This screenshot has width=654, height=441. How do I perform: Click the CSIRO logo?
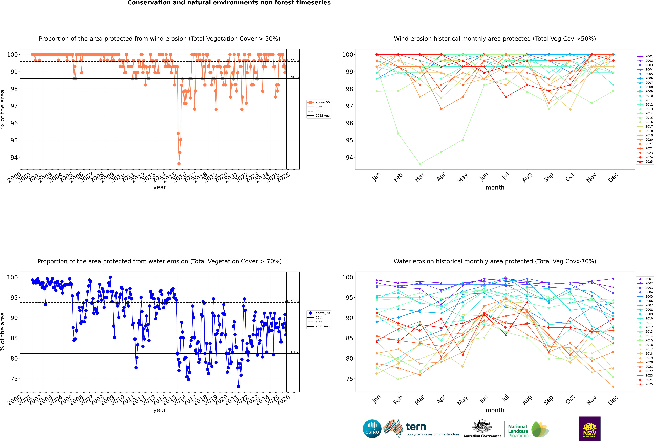coord(372,429)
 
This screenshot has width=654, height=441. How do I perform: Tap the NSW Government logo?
coord(590,428)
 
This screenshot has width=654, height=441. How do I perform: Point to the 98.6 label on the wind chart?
coord(295,77)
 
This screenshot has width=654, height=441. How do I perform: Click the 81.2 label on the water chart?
coord(295,352)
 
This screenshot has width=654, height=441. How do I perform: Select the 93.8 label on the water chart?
coord(295,301)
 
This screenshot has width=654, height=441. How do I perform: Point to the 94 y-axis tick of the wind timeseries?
coord(14,157)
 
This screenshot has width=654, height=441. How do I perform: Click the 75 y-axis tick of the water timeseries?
coord(14,379)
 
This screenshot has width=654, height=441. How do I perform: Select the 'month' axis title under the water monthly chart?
coord(495,410)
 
